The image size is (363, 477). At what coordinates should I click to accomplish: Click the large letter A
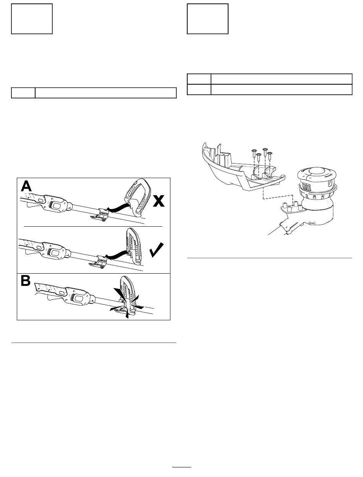pyautogui.click(x=26, y=186)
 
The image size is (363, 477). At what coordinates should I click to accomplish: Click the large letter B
pyautogui.click(x=26, y=281)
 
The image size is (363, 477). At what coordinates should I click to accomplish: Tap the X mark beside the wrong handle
pyautogui.click(x=159, y=201)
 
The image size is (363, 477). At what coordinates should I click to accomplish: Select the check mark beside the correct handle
pyautogui.click(x=156, y=250)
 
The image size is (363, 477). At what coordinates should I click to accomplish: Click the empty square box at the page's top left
pyautogui.click(x=32, y=19)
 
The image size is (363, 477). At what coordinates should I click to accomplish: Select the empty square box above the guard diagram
pyautogui.click(x=207, y=19)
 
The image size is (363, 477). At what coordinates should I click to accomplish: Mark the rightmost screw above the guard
pyautogui.click(x=270, y=156)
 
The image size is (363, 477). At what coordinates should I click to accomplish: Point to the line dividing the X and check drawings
pyautogui.click(x=93, y=226)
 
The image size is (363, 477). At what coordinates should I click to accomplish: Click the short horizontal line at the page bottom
pyautogui.click(x=182, y=467)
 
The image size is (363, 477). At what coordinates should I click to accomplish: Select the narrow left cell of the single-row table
pyautogui.click(x=23, y=93)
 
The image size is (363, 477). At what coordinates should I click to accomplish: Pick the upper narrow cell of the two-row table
pyautogui.click(x=199, y=79)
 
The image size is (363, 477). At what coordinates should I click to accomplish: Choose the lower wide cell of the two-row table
pyautogui.click(x=282, y=89)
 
